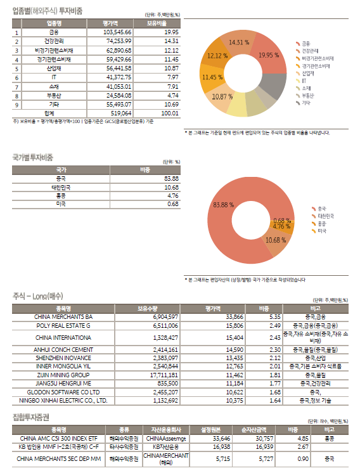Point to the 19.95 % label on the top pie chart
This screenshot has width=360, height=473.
coord(269,56)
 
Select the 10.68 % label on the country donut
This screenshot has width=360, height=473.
coord(276,240)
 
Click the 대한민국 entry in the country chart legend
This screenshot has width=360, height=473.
coord(325,216)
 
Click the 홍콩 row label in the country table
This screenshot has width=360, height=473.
coord(61,195)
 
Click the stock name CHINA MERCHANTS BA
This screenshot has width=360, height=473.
coord(63,316)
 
